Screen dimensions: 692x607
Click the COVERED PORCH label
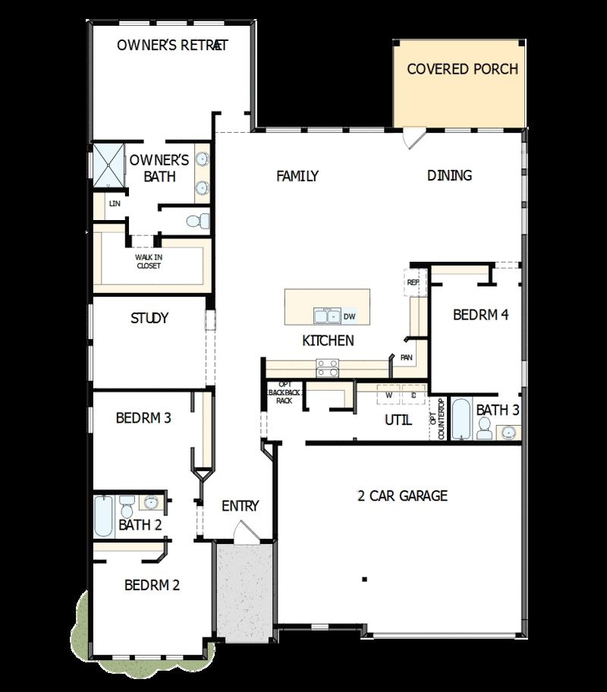(x=462, y=69)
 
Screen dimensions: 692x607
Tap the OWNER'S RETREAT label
(x=172, y=45)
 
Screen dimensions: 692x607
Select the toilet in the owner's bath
(x=197, y=222)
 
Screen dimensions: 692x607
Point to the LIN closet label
(x=115, y=203)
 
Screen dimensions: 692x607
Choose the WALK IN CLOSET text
(x=149, y=261)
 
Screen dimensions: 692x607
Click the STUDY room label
(x=149, y=318)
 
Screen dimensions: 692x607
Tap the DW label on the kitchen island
(x=350, y=316)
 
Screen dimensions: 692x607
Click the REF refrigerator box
(x=414, y=282)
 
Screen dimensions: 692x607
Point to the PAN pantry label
(x=405, y=357)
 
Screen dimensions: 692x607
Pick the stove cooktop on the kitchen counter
(x=327, y=368)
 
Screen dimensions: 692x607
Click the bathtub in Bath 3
(x=462, y=420)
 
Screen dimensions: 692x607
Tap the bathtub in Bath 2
(x=103, y=516)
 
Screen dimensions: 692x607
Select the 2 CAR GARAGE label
(x=402, y=495)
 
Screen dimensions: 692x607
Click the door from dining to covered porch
(x=411, y=138)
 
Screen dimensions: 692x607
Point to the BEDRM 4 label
(x=480, y=314)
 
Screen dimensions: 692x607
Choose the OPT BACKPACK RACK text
(x=285, y=392)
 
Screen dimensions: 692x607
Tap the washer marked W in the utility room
(x=388, y=395)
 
